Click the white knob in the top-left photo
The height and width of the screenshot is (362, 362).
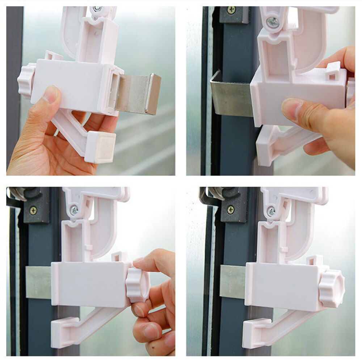click(x=26, y=80)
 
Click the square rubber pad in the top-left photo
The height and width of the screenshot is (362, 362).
click(x=101, y=147)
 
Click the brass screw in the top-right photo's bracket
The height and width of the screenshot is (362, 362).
click(x=231, y=10)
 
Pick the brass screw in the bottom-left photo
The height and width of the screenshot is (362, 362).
click(x=33, y=210)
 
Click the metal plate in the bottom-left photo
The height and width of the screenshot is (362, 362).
click(x=38, y=282)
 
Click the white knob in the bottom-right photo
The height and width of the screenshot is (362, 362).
click(x=332, y=289)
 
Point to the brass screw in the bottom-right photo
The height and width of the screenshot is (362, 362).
click(x=230, y=210)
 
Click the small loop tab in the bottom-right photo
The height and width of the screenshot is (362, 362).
click(x=314, y=260)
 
